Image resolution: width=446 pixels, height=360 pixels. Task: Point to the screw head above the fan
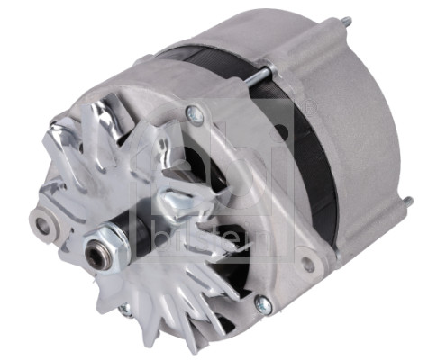tap(193, 113)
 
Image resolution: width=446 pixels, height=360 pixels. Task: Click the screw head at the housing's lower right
tap(262, 306)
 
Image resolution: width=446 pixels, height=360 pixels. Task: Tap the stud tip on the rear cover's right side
tap(410, 201)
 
